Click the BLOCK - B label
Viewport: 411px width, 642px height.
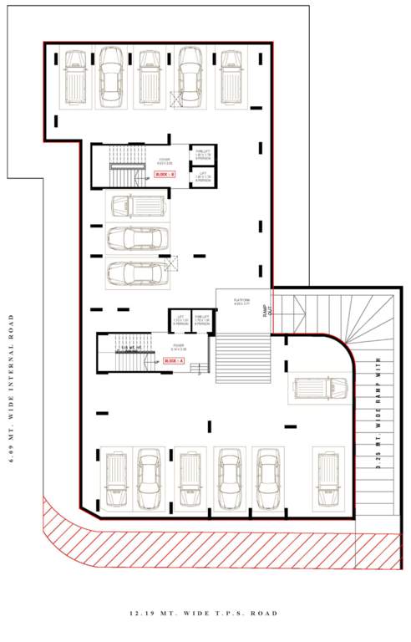point(165,174)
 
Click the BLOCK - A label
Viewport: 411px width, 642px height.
point(175,359)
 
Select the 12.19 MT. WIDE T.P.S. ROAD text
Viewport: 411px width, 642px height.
point(203,614)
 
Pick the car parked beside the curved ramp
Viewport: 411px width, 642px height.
point(321,387)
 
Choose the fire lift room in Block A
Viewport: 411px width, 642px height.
point(201,321)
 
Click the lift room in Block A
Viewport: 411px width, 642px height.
point(180,321)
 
